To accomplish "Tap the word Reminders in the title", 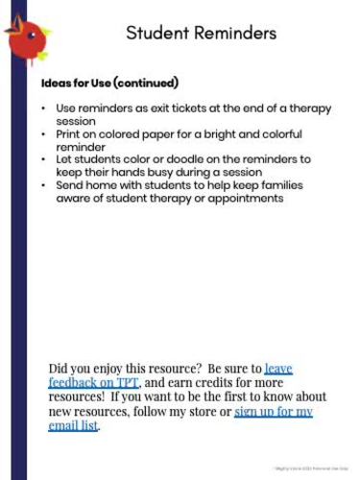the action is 238,34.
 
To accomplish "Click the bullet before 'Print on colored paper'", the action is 43,134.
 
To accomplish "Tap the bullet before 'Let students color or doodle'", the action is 43,158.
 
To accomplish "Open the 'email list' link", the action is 73,426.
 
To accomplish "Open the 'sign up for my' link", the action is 274,412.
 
